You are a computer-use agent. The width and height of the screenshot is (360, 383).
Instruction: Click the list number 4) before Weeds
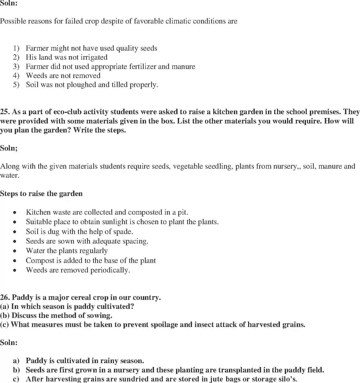[16, 76]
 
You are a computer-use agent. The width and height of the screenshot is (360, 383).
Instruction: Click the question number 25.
[5, 112]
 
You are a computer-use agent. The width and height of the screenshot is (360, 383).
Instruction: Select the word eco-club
[70, 112]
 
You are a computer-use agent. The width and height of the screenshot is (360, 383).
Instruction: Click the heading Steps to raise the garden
[41, 194]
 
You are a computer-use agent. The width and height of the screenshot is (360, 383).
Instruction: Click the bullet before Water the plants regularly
[16, 251]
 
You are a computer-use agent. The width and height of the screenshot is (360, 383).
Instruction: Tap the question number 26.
[5, 298]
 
